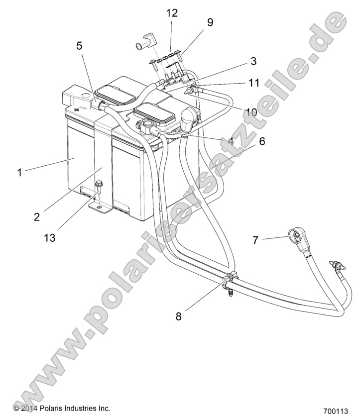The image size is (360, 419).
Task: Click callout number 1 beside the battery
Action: (19, 173)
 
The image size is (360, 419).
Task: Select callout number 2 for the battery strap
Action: (37, 216)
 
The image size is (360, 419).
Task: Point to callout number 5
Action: (79, 46)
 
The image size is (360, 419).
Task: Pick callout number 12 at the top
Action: (172, 13)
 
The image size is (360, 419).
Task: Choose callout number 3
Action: (253, 61)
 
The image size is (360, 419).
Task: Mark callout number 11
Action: (254, 83)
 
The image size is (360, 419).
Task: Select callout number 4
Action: (231, 141)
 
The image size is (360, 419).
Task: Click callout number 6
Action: (262, 141)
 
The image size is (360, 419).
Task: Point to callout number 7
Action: (255, 240)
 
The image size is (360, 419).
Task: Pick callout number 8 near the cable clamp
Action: (179, 315)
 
